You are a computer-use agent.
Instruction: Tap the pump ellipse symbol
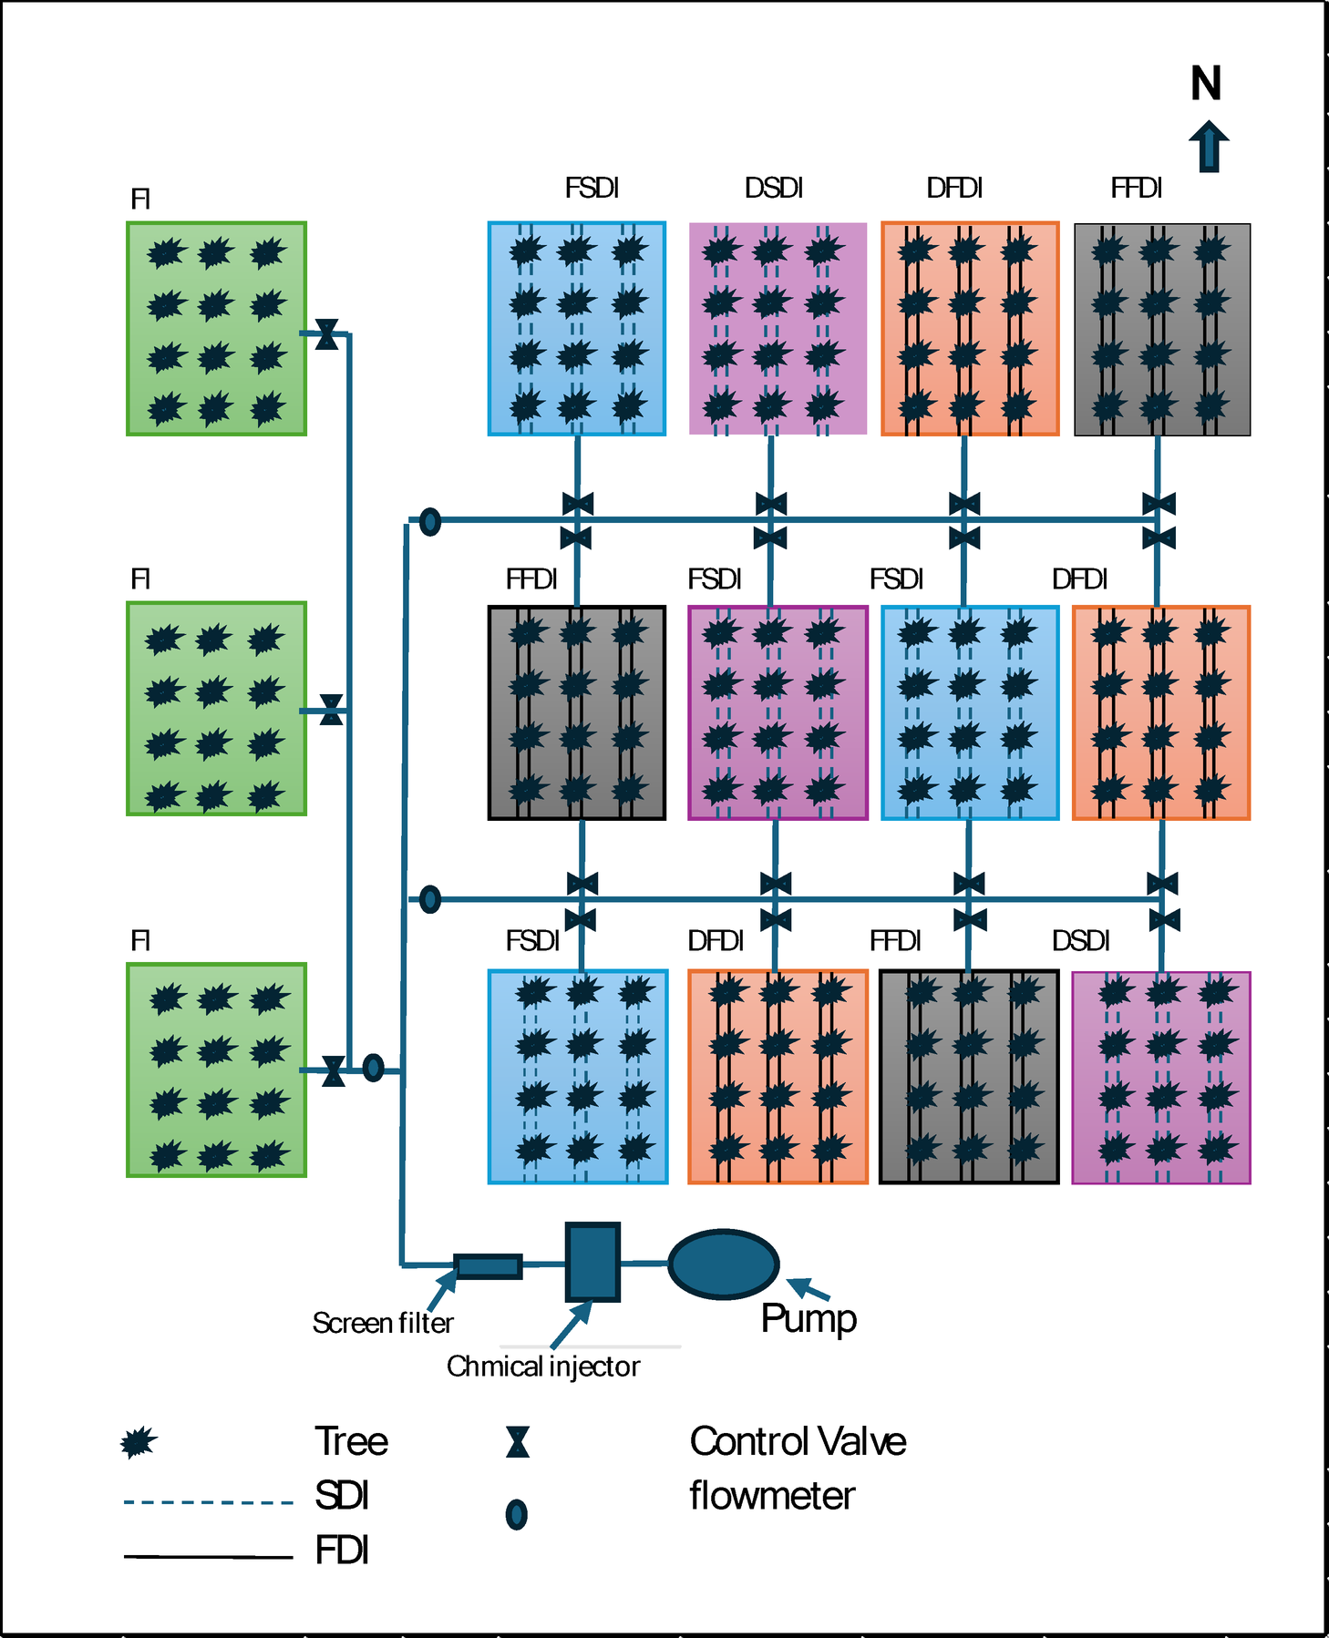[723, 1264]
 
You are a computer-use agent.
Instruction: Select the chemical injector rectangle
[592, 1262]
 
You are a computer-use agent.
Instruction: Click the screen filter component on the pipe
[488, 1266]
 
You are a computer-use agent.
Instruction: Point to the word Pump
[809, 1318]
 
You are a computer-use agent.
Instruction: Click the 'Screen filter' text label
[383, 1323]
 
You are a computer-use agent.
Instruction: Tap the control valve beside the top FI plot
[326, 334]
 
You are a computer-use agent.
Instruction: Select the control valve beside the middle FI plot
[332, 710]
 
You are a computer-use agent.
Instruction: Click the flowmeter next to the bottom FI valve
[373, 1068]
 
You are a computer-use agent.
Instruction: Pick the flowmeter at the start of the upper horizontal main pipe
[430, 522]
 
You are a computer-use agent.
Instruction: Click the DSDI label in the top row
[773, 188]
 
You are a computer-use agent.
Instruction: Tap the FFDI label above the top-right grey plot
[1136, 188]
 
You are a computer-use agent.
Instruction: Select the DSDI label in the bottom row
[1080, 940]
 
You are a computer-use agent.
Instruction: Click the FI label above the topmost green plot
[140, 199]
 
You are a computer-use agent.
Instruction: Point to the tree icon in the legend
[139, 1442]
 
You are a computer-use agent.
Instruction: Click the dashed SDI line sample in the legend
[208, 1502]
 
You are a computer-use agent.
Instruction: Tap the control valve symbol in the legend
[518, 1442]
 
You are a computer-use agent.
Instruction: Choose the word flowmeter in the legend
[771, 1496]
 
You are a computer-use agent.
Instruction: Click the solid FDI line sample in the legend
[208, 1556]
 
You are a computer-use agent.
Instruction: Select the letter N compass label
[1205, 84]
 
